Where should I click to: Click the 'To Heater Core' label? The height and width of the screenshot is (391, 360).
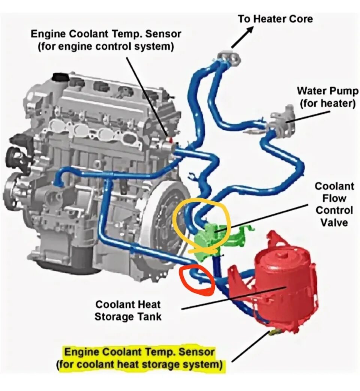[275, 19]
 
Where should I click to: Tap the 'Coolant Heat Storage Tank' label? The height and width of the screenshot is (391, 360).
[128, 310]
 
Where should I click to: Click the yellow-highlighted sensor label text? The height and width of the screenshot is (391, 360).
[141, 358]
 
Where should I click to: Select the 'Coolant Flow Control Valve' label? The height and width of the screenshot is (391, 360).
[334, 204]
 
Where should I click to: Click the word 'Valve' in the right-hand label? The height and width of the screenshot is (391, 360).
[334, 223]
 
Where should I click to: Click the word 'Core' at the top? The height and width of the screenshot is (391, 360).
[299, 19]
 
